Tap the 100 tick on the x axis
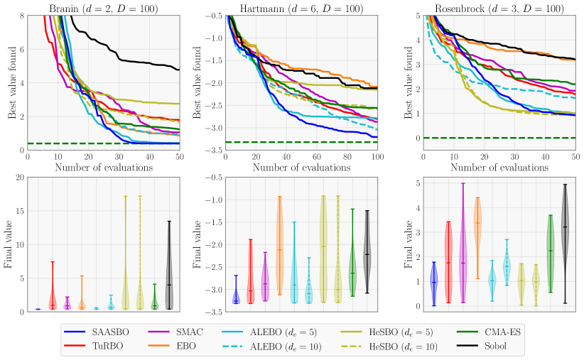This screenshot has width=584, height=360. (x=378, y=156)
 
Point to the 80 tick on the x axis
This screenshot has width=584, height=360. (x=347, y=156)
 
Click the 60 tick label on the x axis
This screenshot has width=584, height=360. (x=317, y=156)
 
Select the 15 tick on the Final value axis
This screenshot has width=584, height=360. (x=19, y=211)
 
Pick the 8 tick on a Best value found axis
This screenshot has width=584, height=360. (x=21, y=16)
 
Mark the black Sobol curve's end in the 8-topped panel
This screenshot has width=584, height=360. (x=178, y=70)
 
